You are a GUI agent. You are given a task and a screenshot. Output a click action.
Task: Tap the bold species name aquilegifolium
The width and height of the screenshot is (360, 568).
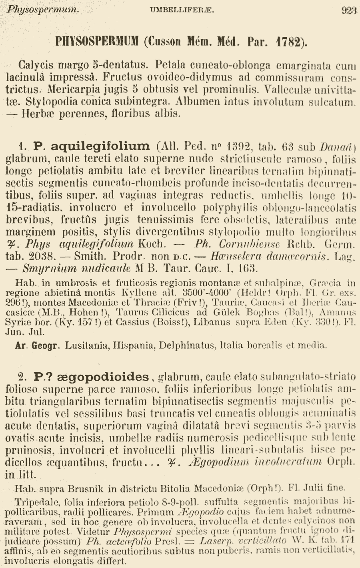92,146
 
